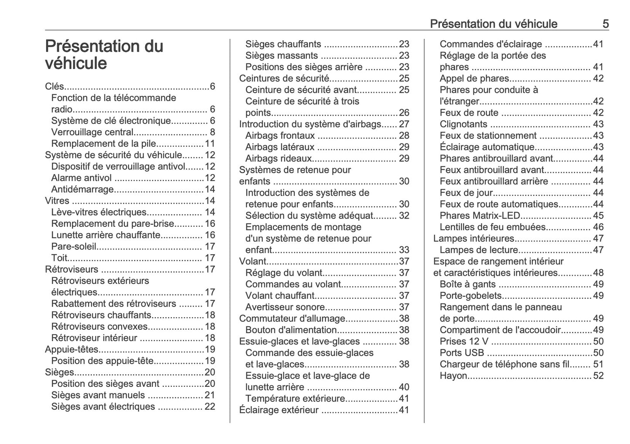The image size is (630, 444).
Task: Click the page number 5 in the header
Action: point(605,24)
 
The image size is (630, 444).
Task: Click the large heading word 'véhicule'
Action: point(76,64)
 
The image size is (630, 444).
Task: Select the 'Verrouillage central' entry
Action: point(92,132)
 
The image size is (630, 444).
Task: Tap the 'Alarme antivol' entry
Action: point(82,178)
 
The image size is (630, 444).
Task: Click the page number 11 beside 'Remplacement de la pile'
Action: point(210,144)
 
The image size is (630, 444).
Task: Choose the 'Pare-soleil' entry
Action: point(73,246)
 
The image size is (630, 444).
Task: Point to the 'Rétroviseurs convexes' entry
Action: point(99,327)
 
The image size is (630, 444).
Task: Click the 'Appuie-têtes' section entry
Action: point(72,349)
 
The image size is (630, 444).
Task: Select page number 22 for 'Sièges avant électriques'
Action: point(210,406)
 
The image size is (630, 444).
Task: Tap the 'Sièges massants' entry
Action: point(281,56)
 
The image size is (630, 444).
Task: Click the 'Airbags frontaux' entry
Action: point(279,136)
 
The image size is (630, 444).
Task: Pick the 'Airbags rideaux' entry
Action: point(278,159)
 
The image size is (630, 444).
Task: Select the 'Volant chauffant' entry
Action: point(280,296)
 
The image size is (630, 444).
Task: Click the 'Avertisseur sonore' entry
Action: point(285,307)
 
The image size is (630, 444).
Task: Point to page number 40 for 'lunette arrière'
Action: point(404,387)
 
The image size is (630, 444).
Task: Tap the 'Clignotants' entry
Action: point(463,124)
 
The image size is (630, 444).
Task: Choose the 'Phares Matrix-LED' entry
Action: point(480,216)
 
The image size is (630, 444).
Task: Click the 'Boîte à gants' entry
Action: point(467,284)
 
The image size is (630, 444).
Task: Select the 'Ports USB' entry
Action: point(462,353)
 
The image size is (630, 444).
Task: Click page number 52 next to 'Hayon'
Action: point(598,376)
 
